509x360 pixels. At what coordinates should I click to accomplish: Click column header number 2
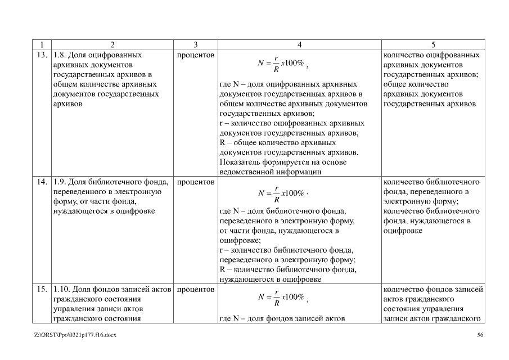pyautogui.click(x=112, y=45)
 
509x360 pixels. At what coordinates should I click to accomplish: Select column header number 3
pyautogui.click(x=195, y=45)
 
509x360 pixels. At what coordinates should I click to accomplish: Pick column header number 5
pyautogui.click(x=433, y=45)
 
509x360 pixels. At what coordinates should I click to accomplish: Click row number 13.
pyautogui.click(x=41, y=56)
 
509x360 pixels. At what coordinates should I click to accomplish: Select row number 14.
pyautogui.click(x=41, y=182)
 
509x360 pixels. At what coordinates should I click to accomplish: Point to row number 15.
pyautogui.click(x=41, y=290)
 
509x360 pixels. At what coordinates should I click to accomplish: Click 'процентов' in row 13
pyautogui.click(x=195, y=56)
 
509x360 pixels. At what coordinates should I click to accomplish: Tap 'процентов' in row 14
pyautogui.click(x=195, y=182)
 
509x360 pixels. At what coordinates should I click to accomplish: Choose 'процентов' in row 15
pyautogui.click(x=195, y=290)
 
